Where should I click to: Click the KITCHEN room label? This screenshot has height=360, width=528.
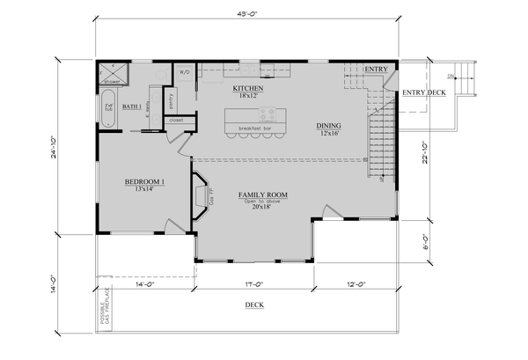click(x=249, y=89)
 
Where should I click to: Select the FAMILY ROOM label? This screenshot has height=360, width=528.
click(x=263, y=195)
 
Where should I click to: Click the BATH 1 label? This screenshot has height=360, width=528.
click(x=132, y=107)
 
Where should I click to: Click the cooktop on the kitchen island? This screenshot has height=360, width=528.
click(x=267, y=114)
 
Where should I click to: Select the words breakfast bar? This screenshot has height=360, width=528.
click(x=254, y=129)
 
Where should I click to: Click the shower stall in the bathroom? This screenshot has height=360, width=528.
click(x=112, y=73)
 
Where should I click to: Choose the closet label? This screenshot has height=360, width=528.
click(x=176, y=119)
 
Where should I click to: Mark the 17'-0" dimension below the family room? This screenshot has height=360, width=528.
click(x=252, y=284)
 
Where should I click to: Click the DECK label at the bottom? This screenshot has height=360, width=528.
click(x=254, y=305)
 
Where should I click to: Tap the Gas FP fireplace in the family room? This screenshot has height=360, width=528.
click(x=199, y=194)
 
